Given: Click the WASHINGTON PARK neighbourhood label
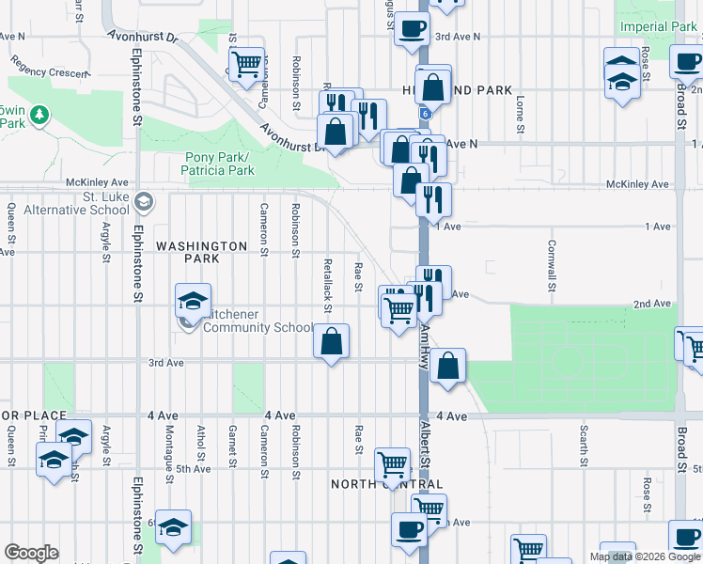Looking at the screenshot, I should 201,246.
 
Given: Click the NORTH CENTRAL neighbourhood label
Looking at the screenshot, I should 386,484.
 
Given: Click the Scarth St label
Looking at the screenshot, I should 584,446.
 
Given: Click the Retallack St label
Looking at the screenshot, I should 327,286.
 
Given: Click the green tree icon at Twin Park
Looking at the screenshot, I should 39,115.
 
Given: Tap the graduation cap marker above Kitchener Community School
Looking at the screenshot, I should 193,302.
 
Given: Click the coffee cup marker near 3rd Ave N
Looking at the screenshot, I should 411,29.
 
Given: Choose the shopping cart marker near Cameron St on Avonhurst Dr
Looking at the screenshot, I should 245,64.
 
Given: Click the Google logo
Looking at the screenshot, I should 31,553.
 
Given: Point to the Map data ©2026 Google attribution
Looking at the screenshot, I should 645,556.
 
